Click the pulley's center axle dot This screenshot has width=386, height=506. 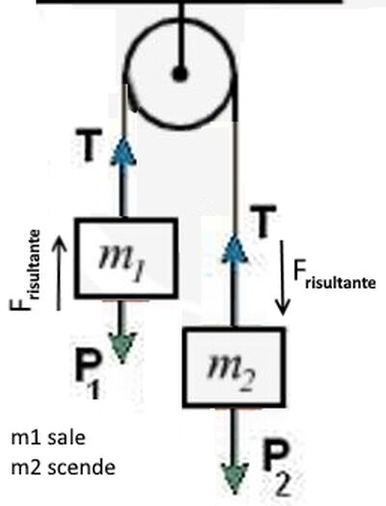(x=179, y=74)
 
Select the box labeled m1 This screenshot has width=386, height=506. (x=126, y=258)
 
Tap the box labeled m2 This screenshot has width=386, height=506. (x=234, y=368)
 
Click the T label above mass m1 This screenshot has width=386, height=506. (x=88, y=145)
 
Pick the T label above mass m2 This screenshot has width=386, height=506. (x=263, y=221)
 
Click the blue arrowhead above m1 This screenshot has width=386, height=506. (x=124, y=151)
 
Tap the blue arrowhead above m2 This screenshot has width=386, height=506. (x=234, y=247)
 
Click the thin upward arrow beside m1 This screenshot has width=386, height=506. (x=59, y=272)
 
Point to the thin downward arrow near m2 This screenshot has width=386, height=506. (x=283, y=277)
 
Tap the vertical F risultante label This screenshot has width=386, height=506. (x=25, y=270)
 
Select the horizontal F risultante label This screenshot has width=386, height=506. (x=335, y=275)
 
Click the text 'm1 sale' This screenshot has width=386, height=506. (x=48, y=437)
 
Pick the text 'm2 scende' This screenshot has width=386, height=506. (x=63, y=467)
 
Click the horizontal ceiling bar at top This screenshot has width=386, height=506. (x=189, y=2)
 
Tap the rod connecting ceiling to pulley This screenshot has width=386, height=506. (x=181, y=36)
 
